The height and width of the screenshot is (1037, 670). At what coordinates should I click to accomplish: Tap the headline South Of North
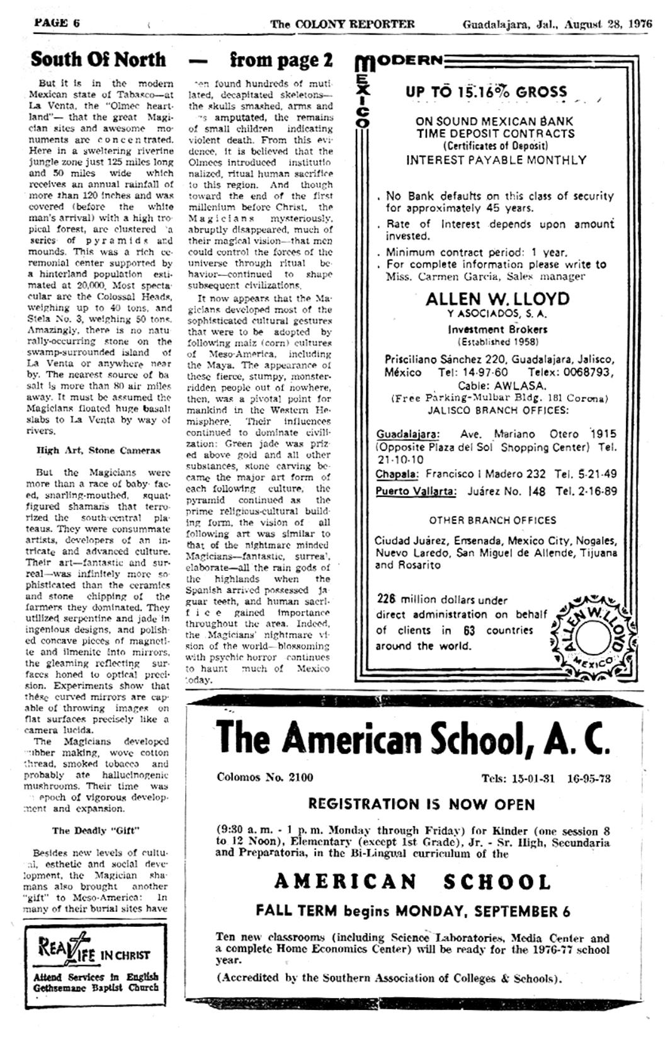click(x=98, y=59)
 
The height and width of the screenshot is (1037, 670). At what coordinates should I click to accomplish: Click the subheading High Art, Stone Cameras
click(x=98, y=450)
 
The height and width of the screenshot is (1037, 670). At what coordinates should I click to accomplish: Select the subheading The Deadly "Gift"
click(x=96, y=830)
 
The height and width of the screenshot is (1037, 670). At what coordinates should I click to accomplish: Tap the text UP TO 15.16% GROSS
click(x=486, y=92)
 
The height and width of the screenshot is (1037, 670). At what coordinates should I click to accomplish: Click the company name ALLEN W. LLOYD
click(x=497, y=299)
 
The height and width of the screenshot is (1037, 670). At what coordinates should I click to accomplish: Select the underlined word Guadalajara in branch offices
click(x=408, y=434)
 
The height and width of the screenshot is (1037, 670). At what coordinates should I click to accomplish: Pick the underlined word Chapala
click(x=398, y=474)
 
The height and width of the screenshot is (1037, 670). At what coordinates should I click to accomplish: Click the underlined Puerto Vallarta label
click(x=416, y=491)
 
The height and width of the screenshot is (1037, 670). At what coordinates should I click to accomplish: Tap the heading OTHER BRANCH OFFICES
click(x=492, y=520)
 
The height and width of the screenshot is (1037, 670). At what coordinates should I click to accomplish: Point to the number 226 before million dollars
click(x=386, y=599)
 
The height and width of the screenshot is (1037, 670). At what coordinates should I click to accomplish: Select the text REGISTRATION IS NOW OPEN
click(x=421, y=805)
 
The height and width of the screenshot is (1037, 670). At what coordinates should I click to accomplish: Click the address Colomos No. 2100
click(x=264, y=777)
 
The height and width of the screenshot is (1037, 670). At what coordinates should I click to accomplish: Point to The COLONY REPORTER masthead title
click(x=343, y=25)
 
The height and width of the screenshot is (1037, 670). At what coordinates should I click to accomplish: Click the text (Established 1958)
click(x=497, y=342)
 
